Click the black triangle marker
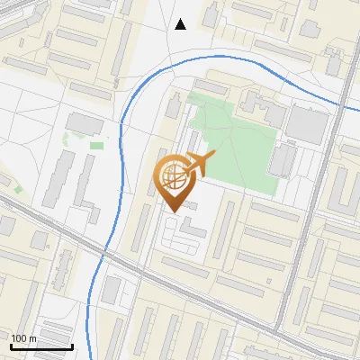pyautogui.click(x=181, y=24)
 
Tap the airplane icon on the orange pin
pyautogui.click(x=200, y=164)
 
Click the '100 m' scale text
pyautogui.click(x=23, y=338)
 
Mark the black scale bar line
pyautogui.click(x=41, y=346)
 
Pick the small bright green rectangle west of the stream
pyautogui.click(x=96, y=145)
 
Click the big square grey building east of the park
pyautogui.click(x=307, y=125)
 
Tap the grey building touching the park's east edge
pyautogui.click(x=282, y=160)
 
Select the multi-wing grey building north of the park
pyautogui.click(x=261, y=108)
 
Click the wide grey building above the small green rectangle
pyautogui.click(x=85, y=123)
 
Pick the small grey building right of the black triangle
pyautogui.click(x=211, y=16)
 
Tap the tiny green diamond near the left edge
pyautogui.click(x=15, y=190)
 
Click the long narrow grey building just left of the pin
pyautogui.click(x=141, y=225)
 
